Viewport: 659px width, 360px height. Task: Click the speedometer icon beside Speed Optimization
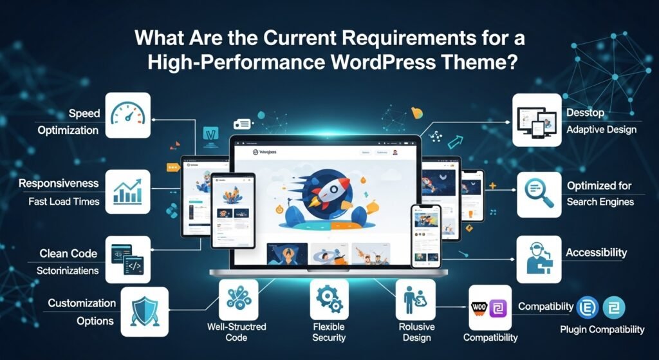click(x=128, y=115)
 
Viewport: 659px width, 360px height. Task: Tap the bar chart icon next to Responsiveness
click(x=127, y=191)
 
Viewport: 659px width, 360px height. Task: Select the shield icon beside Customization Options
click(x=144, y=311)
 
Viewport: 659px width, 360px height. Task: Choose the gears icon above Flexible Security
click(x=329, y=299)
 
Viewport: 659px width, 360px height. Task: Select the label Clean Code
click(x=68, y=252)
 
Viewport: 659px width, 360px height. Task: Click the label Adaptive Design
click(x=601, y=129)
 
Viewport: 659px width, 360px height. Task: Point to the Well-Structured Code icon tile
click(x=238, y=299)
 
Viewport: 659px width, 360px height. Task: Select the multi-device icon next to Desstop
click(x=535, y=119)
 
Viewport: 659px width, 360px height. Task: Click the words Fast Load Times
click(x=64, y=202)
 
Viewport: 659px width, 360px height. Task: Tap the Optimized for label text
click(x=599, y=185)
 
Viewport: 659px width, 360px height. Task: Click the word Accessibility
click(x=596, y=253)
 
